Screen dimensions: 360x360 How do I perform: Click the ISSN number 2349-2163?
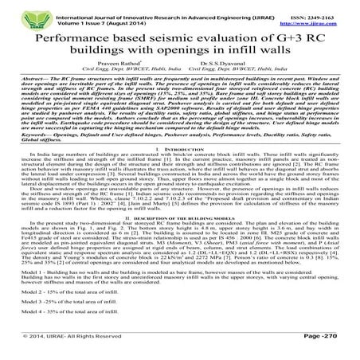click(x=325, y=8)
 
